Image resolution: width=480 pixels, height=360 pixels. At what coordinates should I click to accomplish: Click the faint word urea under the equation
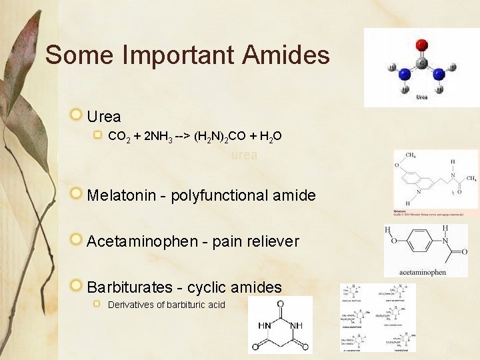click(x=244, y=155)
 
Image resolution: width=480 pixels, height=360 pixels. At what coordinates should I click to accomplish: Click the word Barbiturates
click(x=128, y=287)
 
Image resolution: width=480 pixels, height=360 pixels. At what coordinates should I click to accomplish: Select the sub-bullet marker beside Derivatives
click(x=97, y=305)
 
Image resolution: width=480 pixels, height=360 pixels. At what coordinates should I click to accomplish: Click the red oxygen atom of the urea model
click(x=421, y=45)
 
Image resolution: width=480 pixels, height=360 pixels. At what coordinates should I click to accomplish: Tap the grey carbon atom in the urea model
click(x=421, y=63)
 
